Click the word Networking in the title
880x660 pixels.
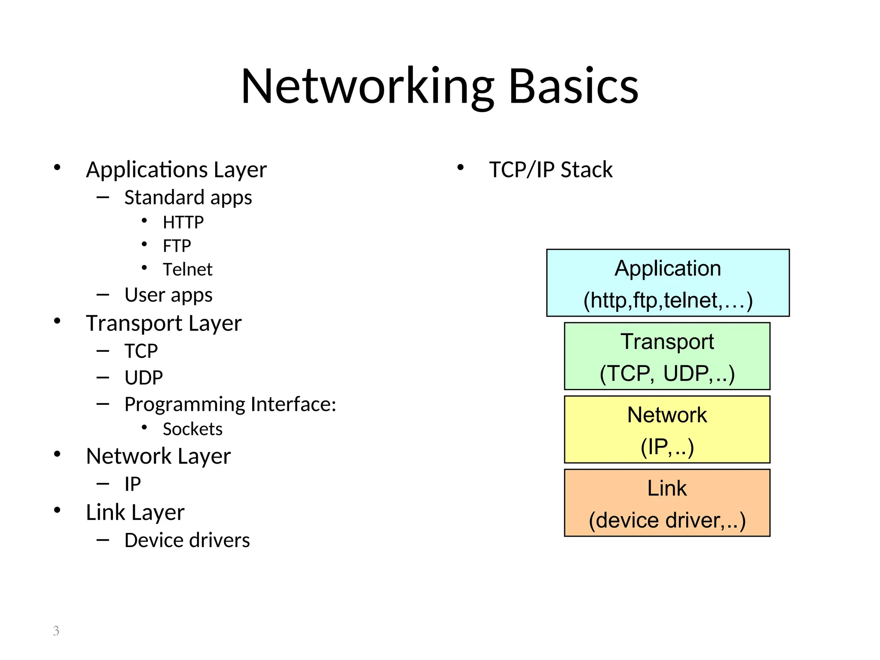click(x=367, y=87)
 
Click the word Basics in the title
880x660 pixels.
click(x=573, y=87)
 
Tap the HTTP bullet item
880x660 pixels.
click(x=183, y=223)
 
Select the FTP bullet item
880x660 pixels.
click(x=177, y=246)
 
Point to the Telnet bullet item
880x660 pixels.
click(x=187, y=270)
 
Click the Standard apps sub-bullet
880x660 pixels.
click(x=188, y=198)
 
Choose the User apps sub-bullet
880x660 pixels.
click(x=168, y=295)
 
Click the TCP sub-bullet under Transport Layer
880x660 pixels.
click(x=141, y=351)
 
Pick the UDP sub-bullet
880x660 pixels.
click(x=144, y=378)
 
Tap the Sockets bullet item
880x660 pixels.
click(x=192, y=429)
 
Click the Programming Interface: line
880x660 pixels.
click(x=230, y=404)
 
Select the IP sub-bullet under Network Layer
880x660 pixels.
click(x=132, y=484)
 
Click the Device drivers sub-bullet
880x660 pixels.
click(x=187, y=541)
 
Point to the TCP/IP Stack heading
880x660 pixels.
click(x=550, y=170)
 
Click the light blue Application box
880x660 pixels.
click(x=667, y=283)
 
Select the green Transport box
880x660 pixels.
click(x=667, y=357)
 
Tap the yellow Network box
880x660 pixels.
click(x=667, y=430)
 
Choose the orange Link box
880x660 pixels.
click(x=667, y=503)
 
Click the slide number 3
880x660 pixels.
click(x=56, y=631)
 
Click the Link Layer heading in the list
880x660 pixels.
click(x=135, y=513)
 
